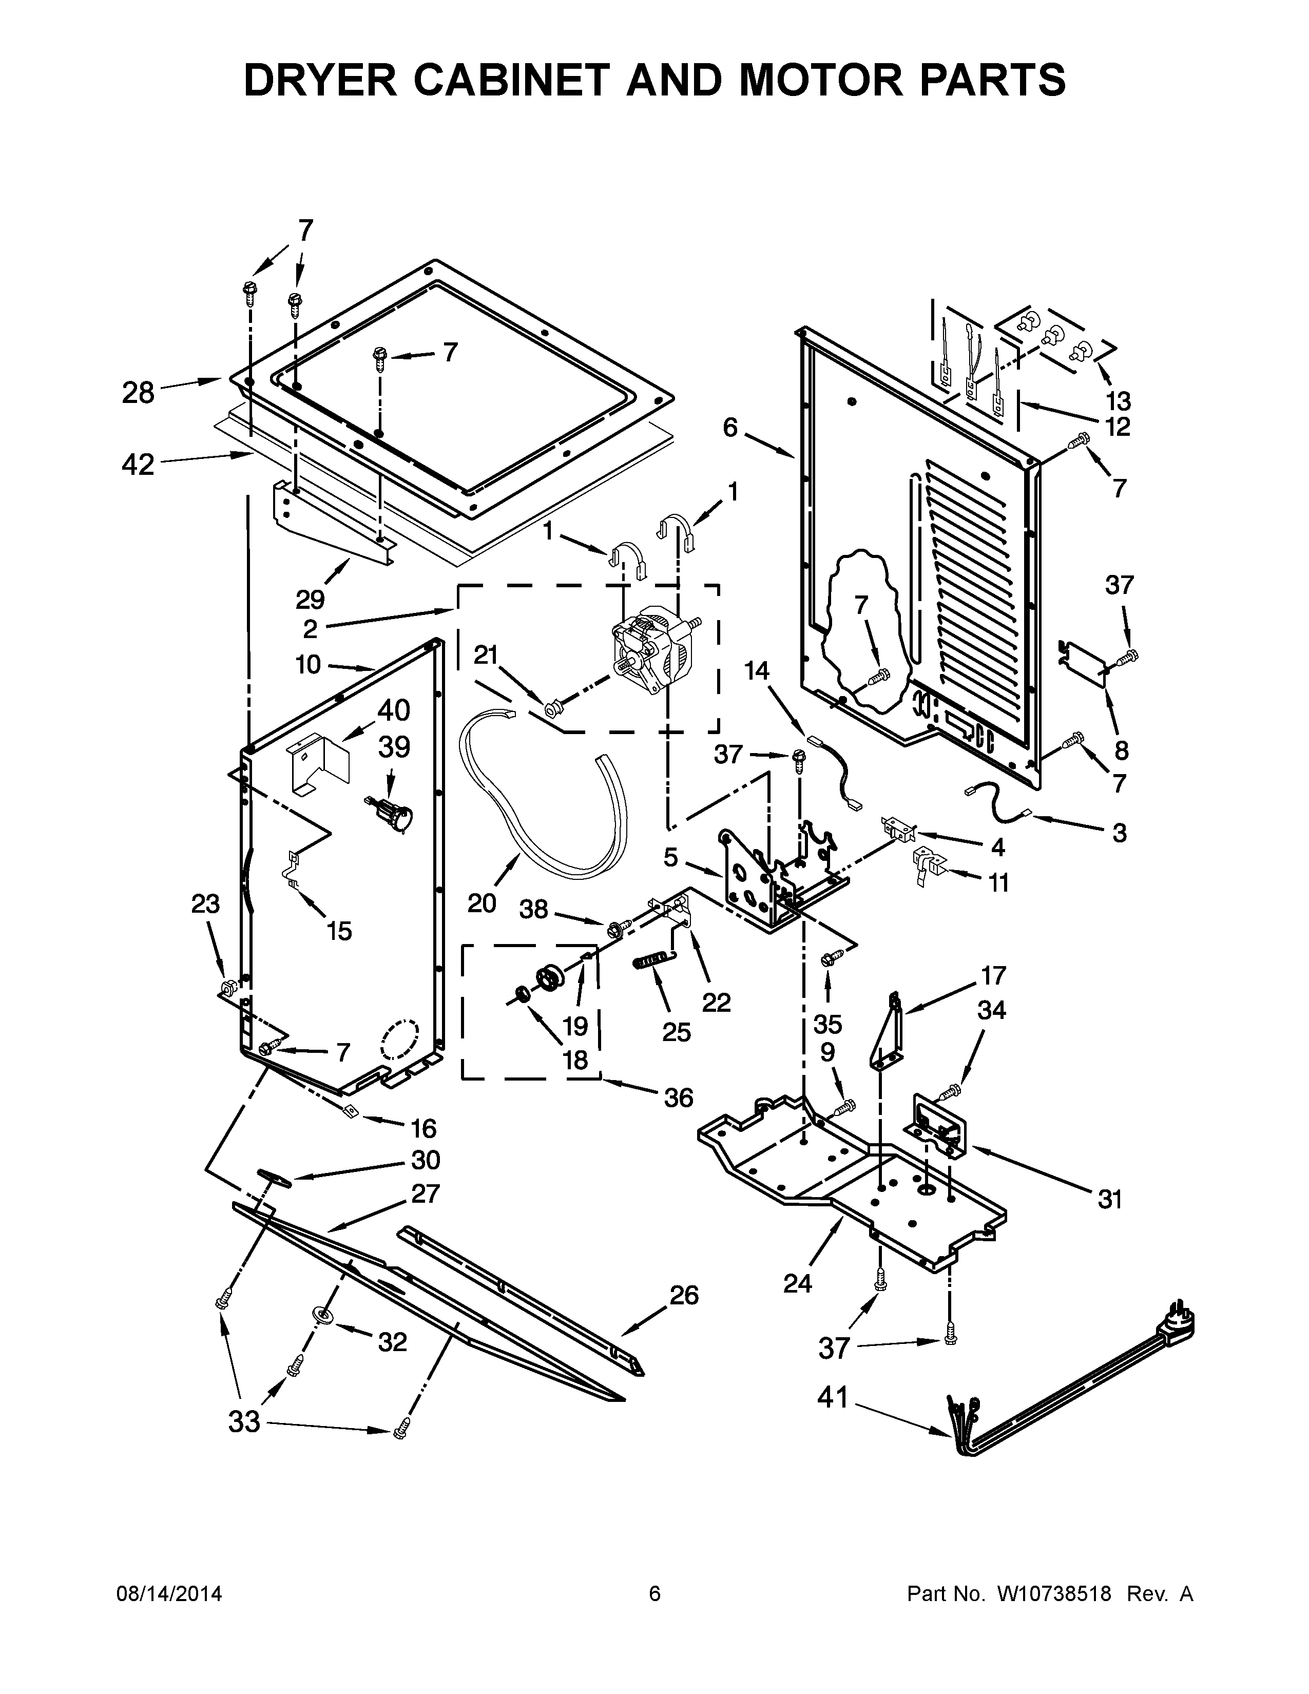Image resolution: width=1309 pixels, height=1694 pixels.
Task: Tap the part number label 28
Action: click(138, 393)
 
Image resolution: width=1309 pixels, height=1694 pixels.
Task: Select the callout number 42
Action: click(138, 465)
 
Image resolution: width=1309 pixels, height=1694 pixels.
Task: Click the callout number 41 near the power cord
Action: click(833, 1398)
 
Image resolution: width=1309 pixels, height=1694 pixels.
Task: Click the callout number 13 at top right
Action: click(1118, 401)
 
